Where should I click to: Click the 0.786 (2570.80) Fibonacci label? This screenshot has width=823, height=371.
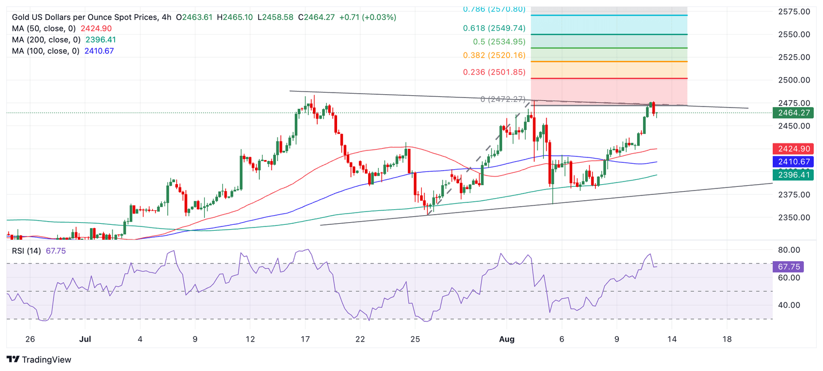(495, 9)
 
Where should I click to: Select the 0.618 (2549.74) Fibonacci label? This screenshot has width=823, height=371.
(495, 28)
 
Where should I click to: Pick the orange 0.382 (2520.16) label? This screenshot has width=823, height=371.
(495, 55)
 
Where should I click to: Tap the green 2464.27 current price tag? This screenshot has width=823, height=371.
(792, 112)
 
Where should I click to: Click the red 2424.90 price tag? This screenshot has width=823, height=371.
(792, 149)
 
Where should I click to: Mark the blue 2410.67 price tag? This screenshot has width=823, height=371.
(792, 162)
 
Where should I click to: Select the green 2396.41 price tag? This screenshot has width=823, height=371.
(792, 175)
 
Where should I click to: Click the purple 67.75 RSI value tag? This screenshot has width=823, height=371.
(790, 267)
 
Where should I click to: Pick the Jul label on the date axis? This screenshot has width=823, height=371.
(85, 339)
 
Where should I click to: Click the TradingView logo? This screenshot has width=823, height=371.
(39, 360)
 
